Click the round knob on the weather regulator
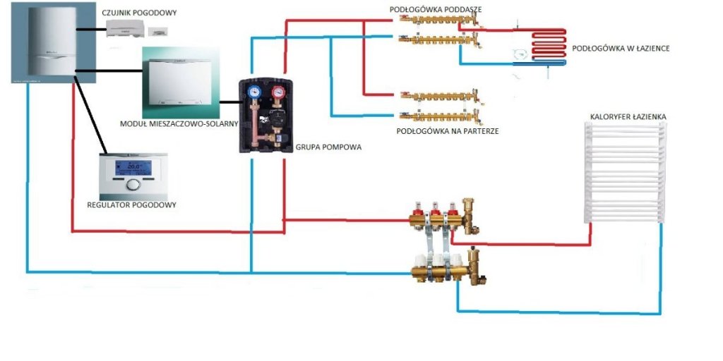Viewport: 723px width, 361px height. [x=133, y=185]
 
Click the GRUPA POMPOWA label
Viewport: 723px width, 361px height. [x=323, y=149]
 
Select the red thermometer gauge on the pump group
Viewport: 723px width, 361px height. [x=282, y=91]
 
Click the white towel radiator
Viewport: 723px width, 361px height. [x=624, y=169]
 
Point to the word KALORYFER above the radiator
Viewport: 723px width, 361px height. [x=607, y=116]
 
